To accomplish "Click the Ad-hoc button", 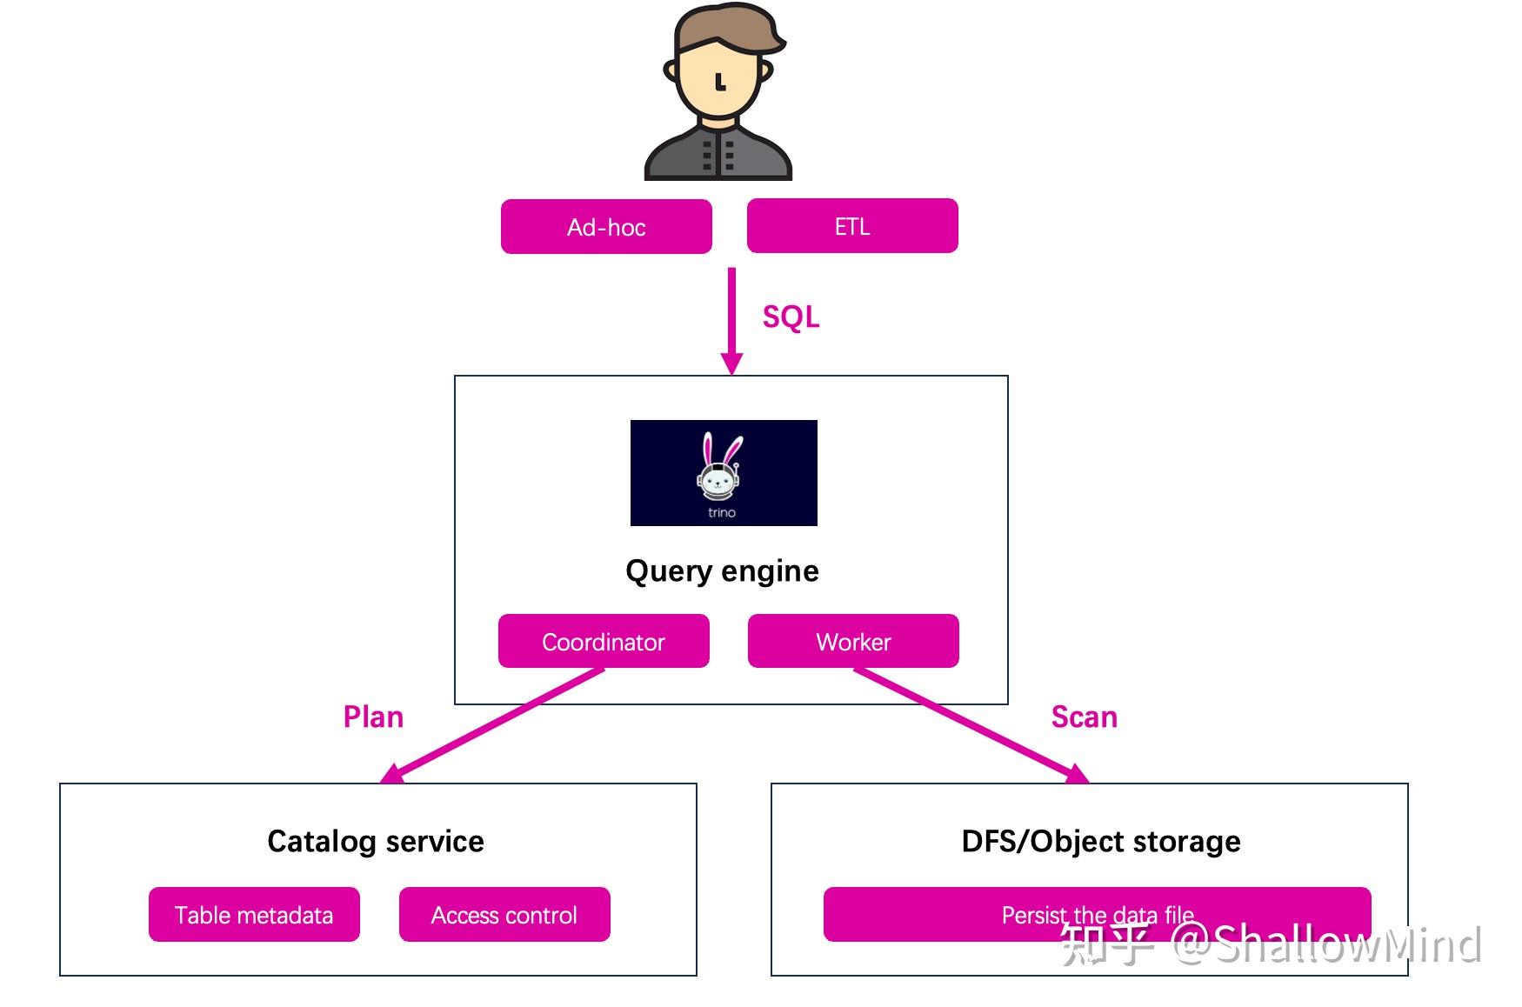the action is click(x=606, y=227).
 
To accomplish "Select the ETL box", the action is click(x=852, y=226).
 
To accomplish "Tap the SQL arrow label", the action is click(x=791, y=317).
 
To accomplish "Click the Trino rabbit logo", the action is click(x=724, y=473).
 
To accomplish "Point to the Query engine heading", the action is click(x=722, y=571).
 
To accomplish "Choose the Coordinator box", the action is click(x=604, y=641).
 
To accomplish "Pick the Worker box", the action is click(x=853, y=641).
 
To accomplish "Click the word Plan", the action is click(x=373, y=717).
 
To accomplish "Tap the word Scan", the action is click(x=1084, y=717).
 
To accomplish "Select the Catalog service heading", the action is click(x=376, y=841).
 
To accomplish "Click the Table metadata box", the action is click(x=254, y=914).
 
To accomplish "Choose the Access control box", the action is click(x=504, y=914).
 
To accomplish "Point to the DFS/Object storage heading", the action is click(x=1101, y=841).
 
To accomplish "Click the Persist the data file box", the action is click(x=1098, y=914).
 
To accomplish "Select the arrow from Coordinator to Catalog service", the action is click(x=492, y=725).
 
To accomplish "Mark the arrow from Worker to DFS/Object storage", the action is click(x=971, y=725).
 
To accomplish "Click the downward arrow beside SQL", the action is click(x=732, y=321).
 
